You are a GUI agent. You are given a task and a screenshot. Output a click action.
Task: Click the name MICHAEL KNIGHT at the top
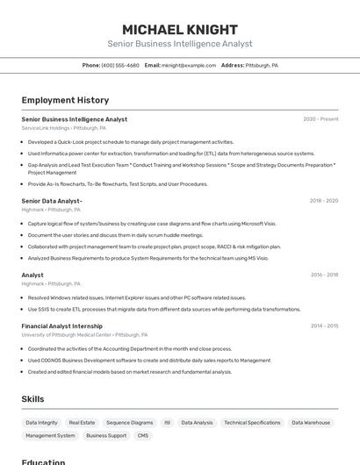coord(179,29)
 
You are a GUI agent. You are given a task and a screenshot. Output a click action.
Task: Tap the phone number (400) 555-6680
coord(120,65)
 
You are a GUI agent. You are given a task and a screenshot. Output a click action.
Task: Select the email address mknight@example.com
coord(189,65)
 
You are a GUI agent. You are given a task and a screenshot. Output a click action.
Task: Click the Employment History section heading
coord(65,100)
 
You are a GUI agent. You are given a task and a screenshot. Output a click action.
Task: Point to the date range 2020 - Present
coord(320,119)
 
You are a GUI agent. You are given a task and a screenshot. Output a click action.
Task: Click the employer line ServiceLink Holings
coord(63,128)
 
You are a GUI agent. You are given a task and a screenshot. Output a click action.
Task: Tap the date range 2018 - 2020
coord(323,201)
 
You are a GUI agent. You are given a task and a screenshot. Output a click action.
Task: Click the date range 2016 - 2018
coord(324,275)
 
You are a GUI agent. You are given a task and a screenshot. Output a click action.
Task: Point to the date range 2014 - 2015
coord(324,325)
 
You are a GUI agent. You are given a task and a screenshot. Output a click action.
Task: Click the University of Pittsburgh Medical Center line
coord(84,334)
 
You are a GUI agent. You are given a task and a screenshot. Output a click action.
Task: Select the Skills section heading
coord(32,399)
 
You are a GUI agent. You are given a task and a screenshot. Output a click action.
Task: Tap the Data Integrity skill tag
coord(42,423)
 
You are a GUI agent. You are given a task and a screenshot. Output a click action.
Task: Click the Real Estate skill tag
coord(82,423)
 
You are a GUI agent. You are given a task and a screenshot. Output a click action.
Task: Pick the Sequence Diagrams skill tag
coord(129,423)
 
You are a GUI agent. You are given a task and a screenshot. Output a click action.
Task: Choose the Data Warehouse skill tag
coord(311,423)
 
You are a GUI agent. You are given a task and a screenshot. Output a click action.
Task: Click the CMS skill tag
coord(143,436)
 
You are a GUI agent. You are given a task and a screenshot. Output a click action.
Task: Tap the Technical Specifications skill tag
coord(252,423)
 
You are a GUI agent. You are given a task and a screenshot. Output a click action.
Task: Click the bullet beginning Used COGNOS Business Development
coord(149,360)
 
